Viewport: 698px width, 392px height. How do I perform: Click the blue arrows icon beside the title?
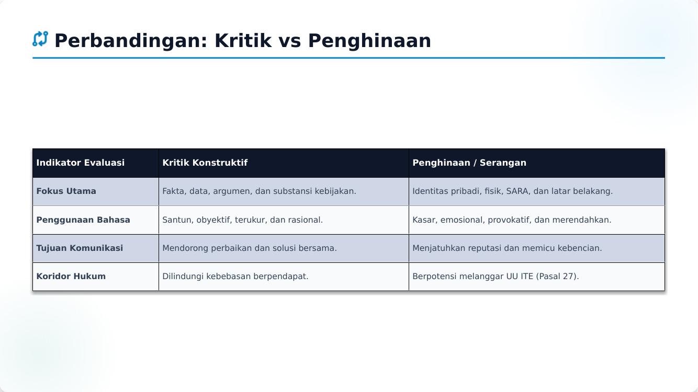coord(40,39)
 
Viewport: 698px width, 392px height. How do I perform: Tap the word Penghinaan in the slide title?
coord(369,41)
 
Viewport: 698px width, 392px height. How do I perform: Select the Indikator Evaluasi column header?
coord(81,163)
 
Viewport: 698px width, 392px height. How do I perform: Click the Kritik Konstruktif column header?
coord(205,163)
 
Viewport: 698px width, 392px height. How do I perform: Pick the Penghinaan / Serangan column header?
coord(469,163)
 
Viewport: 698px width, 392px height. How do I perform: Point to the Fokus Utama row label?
coord(66,191)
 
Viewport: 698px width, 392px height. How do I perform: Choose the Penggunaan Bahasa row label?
coord(83,220)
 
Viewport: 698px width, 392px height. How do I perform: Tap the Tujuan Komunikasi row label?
coord(80,248)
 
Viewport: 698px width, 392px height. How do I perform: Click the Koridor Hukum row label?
coord(71,276)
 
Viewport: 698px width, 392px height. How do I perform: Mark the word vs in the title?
coord(290,41)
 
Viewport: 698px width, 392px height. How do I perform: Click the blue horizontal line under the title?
coord(348,58)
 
